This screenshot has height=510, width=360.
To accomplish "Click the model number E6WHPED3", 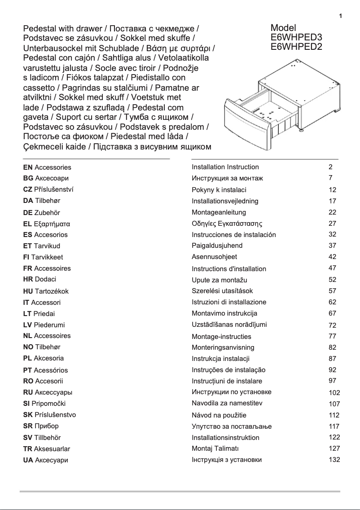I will (x=296, y=37).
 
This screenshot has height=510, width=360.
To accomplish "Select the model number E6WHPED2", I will (x=296, y=46).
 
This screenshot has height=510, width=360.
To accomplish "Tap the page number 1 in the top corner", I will (x=341, y=17).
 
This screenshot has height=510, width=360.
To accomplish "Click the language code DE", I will (x=28, y=213).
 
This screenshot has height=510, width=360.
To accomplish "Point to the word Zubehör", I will (x=48, y=213).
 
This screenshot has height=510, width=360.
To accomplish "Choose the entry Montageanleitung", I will (x=219, y=212).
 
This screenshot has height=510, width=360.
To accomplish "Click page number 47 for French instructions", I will (x=332, y=268).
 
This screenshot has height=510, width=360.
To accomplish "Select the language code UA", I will (x=28, y=460).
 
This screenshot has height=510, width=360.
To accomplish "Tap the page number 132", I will (x=334, y=459).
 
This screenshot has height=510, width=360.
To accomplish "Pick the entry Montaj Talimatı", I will (x=215, y=448).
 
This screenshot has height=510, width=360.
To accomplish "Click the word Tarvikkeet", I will (x=47, y=257).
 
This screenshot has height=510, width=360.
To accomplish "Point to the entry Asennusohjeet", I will (x=214, y=257).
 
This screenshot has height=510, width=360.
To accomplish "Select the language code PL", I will (x=27, y=358).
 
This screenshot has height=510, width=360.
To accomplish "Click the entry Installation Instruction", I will (x=225, y=167).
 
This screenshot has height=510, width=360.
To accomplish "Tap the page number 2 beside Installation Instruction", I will (x=330, y=167).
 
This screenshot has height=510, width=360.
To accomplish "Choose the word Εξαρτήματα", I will (x=52, y=224).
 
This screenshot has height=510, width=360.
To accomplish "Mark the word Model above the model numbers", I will (x=283, y=28).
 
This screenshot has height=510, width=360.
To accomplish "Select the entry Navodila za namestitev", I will (x=227, y=403).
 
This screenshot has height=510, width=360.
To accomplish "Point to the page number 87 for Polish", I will (x=332, y=358).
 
